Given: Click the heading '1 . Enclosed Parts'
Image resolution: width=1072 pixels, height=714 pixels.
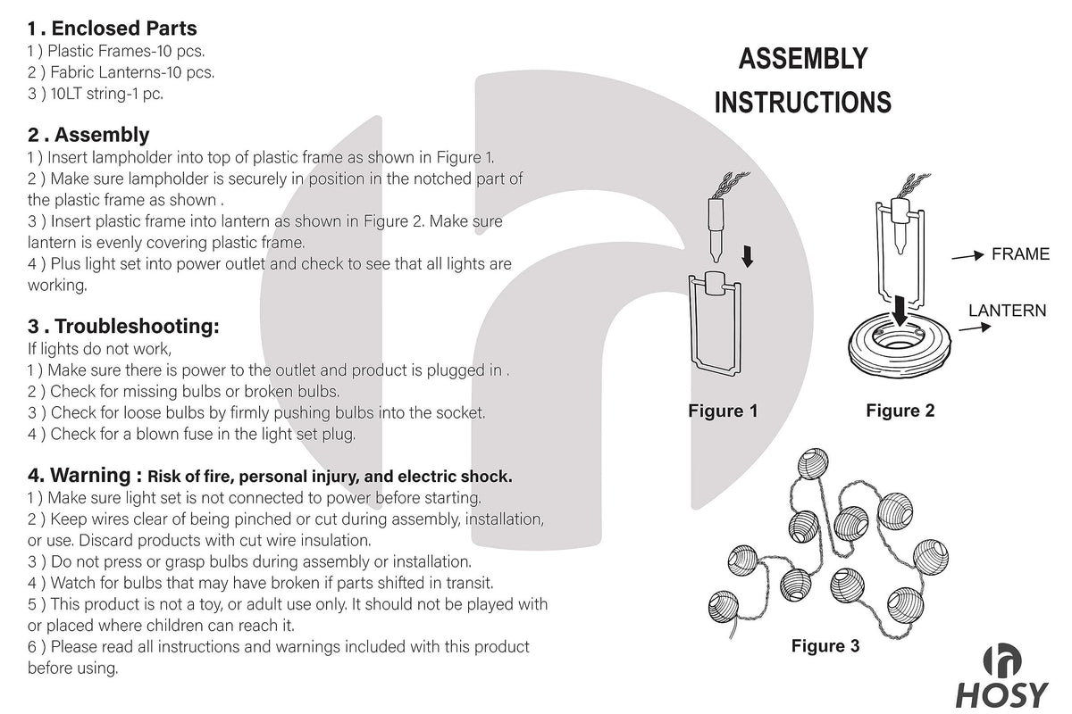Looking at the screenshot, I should [113, 29].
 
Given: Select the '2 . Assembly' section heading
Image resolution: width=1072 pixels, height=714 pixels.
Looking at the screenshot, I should [88, 135].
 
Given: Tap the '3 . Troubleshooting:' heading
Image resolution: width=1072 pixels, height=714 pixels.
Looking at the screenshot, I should [123, 326].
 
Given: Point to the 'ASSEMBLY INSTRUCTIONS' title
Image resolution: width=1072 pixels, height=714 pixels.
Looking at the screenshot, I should [802, 81].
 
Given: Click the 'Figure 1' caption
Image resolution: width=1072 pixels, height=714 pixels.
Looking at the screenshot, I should [723, 411].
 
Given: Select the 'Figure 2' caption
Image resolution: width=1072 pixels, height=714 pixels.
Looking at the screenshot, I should [900, 411].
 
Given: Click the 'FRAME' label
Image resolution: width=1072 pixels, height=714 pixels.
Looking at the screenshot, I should [1020, 254].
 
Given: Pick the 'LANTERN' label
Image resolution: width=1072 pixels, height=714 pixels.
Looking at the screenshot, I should [1007, 311].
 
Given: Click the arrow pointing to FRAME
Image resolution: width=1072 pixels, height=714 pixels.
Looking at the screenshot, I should [967, 256].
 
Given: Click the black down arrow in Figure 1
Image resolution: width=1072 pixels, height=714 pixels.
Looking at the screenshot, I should [748, 256].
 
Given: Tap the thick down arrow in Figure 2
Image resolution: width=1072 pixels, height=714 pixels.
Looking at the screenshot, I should [903, 311].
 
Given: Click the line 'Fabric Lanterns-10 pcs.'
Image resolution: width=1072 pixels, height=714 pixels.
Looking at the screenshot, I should [121, 72].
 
